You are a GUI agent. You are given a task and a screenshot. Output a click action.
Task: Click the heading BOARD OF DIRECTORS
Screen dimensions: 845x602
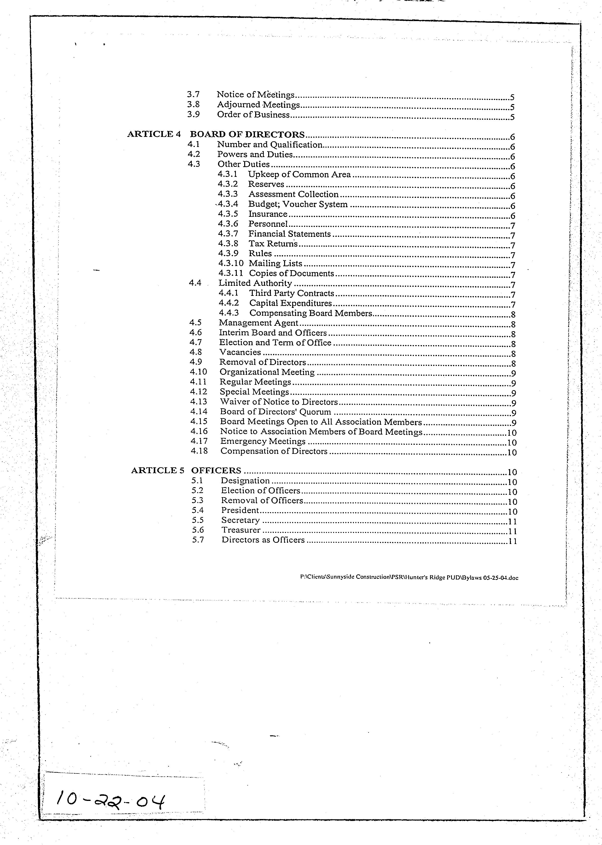point(247,134)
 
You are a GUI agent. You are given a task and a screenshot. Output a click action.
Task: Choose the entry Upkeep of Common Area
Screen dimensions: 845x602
point(299,175)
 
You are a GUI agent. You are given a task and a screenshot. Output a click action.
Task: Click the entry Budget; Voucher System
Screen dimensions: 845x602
point(298,204)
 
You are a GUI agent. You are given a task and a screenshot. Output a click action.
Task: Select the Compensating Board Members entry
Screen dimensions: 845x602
point(310,313)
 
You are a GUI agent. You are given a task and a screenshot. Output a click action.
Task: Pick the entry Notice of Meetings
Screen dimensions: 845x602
point(255,95)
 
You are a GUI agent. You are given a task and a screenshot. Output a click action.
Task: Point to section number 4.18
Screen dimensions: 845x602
point(199,451)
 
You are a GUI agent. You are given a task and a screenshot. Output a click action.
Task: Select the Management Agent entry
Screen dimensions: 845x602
point(258,323)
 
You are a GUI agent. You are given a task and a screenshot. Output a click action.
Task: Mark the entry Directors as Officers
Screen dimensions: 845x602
point(263,540)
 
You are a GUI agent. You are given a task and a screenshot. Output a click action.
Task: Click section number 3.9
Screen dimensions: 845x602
point(193,115)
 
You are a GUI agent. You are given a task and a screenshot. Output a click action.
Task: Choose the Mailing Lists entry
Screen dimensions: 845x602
point(276,264)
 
